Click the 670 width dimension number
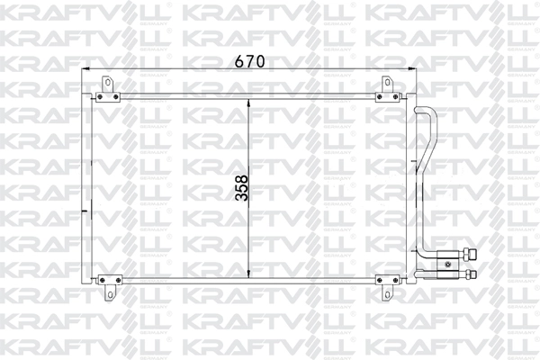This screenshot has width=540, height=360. tap(249, 61)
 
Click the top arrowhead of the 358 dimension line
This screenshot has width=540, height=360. tap(249, 100)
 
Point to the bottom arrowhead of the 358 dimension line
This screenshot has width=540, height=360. tap(249, 273)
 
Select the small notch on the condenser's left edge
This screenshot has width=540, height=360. tap(85, 212)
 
